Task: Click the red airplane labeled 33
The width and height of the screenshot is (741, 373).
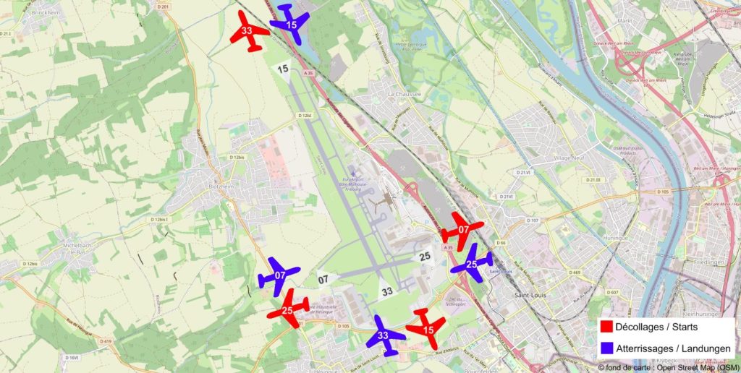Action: [249, 31]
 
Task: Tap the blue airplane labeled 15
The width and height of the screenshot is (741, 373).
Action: [291, 22]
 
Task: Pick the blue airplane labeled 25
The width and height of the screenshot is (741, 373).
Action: [471, 263]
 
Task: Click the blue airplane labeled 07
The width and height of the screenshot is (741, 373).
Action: [279, 275]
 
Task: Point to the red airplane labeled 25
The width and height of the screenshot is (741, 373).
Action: [288, 309]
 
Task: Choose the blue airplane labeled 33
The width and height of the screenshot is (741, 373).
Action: [383, 336]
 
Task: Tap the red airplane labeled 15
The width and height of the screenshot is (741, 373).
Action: [427, 328]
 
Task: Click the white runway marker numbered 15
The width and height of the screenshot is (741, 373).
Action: [283, 70]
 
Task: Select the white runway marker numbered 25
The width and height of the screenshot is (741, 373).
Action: [425, 257]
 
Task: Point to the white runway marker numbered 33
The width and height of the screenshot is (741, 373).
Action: [387, 291]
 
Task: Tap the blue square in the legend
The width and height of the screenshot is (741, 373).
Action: [606, 348]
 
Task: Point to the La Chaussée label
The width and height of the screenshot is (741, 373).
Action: [403, 94]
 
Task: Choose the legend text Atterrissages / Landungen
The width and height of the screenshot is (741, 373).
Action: [673, 348]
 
